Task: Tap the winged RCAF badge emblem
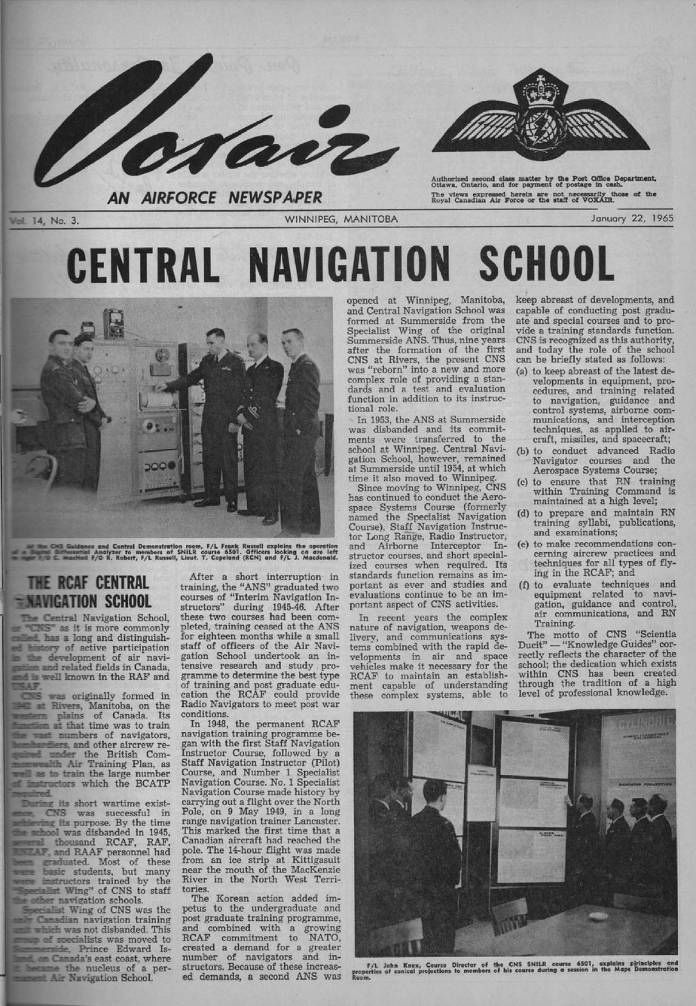pos(540,117)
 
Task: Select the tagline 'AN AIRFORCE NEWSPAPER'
pos(215,198)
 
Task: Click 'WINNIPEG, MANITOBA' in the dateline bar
pos(341,220)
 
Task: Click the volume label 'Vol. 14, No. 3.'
pos(45,221)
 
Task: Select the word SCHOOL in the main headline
pos(548,264)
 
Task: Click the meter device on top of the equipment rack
pos(114,323)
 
